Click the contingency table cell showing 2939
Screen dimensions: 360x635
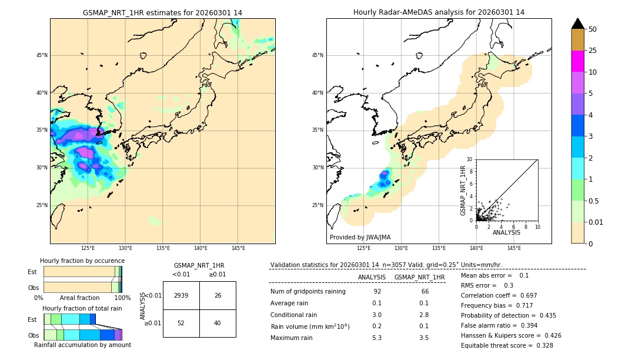181,295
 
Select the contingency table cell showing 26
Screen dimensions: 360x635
218,295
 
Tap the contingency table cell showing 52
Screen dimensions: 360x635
181,323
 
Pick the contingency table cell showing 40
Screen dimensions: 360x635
218,323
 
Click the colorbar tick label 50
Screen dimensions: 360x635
593,29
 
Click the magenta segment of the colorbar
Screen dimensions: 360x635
577,61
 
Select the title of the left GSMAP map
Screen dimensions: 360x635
162,12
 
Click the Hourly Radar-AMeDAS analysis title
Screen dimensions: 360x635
439,12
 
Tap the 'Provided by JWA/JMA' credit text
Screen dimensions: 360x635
360,238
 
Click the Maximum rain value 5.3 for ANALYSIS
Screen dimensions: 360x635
377,338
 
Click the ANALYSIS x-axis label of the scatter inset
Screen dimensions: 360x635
506,232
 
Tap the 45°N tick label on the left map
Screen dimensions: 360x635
42,55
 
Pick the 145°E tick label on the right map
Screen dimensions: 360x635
514,248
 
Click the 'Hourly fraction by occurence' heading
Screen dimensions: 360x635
82,261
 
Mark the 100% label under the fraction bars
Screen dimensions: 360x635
122,298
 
